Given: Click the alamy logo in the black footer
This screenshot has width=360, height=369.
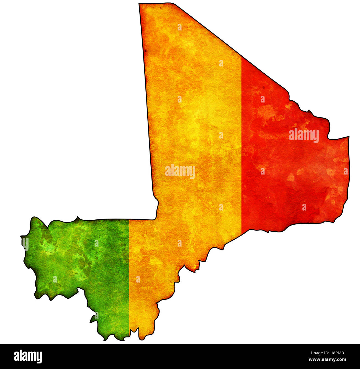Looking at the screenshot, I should pyautogui.click(x=28, y=356).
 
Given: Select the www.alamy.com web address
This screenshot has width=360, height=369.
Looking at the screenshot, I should pyautogui.click(x=327, y=360).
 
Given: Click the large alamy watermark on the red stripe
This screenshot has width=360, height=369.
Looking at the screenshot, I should pyautogui.click(x=304, y=135).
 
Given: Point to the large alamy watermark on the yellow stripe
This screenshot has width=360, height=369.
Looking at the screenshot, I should pyautogui.click(x=180, y=171).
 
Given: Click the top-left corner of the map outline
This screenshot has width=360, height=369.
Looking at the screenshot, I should pyautogui.click(x=139, y=4).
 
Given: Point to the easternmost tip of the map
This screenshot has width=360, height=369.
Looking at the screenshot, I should pyautogui.click(x=349, y=137).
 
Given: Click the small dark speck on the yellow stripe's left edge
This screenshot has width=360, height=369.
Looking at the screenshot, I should pyautogui.click(x=145, y=51).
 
